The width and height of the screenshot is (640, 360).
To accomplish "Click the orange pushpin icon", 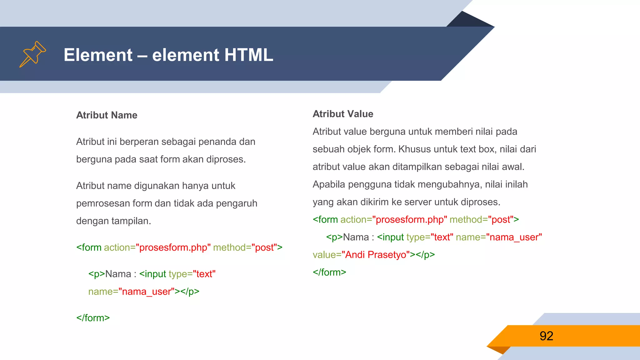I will pyautogui.click(x=32, y=54).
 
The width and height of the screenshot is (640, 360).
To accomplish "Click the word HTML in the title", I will pyautogui.click(x=248, y=55).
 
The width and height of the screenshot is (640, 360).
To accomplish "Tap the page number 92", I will pyautogui.click(x=546, y=336).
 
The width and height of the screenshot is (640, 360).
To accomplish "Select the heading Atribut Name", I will pyautogui.click(x=107, y=115).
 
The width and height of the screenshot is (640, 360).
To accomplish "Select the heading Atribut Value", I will pyautogui.click(x=343, y=114).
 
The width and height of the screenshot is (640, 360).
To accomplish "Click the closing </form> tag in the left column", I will pyautogui.click(x=93, y=318).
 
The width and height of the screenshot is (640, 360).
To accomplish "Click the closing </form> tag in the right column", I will pyautogui.click(x=329, y=272).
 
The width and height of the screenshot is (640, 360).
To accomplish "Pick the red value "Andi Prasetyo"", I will pyautogui.click(x=376, y=255).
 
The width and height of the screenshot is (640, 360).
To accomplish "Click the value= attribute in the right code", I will pyautogui.click(x=327, y=255).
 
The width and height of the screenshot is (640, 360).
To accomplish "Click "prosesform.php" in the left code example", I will pyautogui.click(x=173, y=247).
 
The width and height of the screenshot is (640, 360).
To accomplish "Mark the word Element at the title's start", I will pyautogui.click(x=98, y=55).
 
